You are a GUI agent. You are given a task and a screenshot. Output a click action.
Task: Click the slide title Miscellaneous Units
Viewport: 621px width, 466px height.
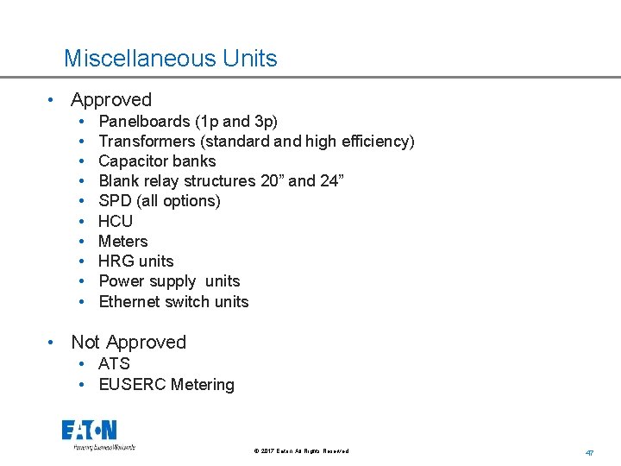170,59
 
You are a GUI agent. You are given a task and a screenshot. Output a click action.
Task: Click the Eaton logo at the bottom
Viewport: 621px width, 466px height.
90,431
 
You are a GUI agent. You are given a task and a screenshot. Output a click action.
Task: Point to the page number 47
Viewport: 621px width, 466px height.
590,452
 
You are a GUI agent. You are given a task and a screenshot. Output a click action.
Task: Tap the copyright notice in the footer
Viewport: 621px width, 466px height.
301,451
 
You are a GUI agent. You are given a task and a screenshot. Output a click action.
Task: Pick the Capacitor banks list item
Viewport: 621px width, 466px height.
157,161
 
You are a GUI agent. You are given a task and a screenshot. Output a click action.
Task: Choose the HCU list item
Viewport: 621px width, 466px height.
116,221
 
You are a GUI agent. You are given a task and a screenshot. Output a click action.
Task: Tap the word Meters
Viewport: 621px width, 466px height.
123,242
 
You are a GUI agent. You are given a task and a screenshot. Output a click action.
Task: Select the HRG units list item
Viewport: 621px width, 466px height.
136,261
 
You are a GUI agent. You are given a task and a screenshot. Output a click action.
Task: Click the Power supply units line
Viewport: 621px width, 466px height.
169,281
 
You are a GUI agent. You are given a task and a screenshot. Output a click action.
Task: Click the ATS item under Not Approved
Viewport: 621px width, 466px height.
114,364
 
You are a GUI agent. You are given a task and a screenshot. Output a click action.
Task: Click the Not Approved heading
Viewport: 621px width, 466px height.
129,343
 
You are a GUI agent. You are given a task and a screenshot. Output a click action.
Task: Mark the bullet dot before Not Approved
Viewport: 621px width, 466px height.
53,343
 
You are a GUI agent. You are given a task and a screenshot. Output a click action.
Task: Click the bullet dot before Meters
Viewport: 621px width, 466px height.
80,242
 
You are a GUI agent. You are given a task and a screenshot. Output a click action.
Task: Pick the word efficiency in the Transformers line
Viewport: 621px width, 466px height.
373,141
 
